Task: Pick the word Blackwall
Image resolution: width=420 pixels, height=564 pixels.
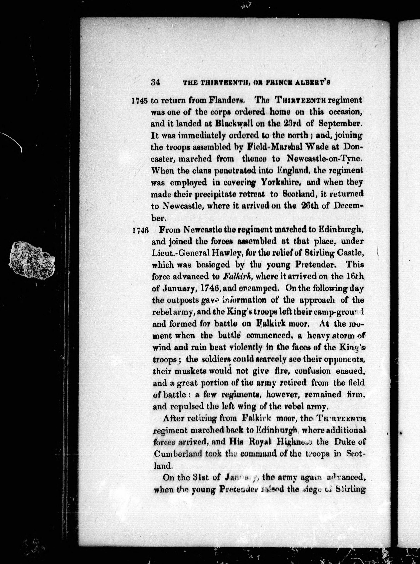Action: pyautogui.click(x=234, y=123)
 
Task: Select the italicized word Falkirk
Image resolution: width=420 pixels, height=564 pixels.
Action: pyautogui.click(x=237, y=276)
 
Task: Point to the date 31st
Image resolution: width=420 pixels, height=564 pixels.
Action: pyautogui.click(x=200, y=477)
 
